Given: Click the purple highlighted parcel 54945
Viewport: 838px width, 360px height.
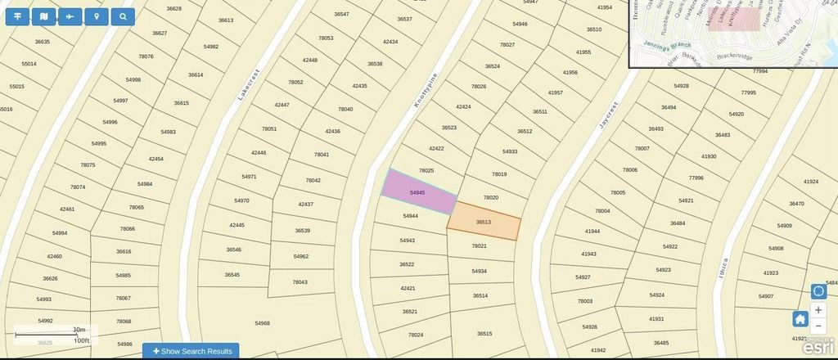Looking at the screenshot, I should coord(418,192).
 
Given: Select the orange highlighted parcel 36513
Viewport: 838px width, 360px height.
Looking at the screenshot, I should coord(484,223).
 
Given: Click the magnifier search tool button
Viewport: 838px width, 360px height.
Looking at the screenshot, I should coord(123,16).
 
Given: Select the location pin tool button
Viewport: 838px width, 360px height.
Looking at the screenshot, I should coord(97,16).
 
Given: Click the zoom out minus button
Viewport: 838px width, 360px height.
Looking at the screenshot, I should coord(818,326).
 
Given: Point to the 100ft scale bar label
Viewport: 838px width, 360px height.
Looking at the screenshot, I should coord(81,340).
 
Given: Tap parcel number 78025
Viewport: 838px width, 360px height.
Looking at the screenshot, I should coord(426,170).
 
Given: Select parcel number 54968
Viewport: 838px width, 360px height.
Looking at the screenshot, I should coord(262,323).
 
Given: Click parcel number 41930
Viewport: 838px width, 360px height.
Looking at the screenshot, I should coord(709,156).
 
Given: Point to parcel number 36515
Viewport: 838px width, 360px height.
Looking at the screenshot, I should coord(484,333).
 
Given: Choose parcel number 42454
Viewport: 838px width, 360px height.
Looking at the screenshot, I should coord(155,159).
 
